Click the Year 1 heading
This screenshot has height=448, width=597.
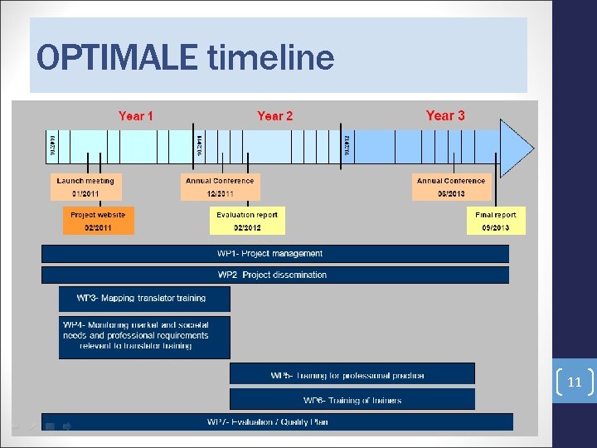pos(136,116)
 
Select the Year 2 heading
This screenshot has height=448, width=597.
pos(274,116)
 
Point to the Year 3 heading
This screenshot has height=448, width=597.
pos(445,115)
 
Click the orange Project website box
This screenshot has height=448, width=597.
pos(98,221)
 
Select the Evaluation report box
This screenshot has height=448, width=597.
pos(247,221)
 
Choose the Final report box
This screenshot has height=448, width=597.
pos(496,221)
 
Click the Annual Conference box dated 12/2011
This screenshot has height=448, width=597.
pos(220,187)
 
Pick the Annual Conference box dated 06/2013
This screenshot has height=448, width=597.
pos(451,187)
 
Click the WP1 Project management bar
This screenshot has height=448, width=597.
pos(275,254)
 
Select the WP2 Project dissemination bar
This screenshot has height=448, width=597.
pos(275,275)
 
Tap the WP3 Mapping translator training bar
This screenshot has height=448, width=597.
pos(144,299)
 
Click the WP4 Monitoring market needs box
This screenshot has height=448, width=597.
pos(144,336)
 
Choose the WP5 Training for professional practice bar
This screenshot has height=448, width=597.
pos(352,375)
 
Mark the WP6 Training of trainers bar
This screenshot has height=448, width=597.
pos(352,400)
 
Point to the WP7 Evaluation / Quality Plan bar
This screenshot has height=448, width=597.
pos(277,422)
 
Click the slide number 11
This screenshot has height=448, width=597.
pos(574,383)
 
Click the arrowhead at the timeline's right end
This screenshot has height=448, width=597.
pos(517,148)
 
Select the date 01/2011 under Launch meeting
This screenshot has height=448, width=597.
pos(85,194)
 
